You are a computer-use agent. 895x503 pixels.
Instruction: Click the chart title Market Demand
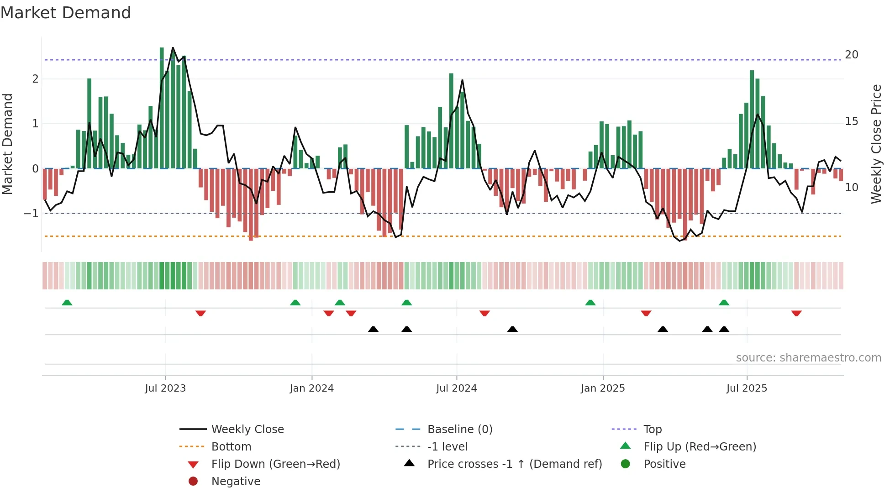(x=66, y=13)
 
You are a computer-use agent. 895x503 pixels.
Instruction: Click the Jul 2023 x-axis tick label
(x=165, y=388)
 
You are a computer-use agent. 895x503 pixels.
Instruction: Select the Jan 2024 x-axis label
(x=311, y=388)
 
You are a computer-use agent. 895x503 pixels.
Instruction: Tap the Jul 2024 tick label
(x=456, y=388)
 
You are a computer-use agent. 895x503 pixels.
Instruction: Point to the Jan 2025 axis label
(x=603, y=388)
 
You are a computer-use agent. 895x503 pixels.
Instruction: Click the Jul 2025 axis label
(x=747, y=388)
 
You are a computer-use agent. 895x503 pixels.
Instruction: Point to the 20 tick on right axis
(x=851, y=55)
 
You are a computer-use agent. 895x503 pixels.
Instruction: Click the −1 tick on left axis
(x=31, y=213)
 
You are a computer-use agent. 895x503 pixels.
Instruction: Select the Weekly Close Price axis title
(x=876, y=144)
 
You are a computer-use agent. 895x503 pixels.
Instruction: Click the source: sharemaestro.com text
(x=808, y=358)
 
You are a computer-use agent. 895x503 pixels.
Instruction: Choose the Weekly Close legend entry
(x=247, y=429)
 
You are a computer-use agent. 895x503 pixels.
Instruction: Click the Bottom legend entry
(x=231, y=446)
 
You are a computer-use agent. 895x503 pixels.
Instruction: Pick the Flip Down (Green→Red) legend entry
(x=275, y=464)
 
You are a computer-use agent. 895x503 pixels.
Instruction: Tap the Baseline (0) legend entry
(x=459, y=429)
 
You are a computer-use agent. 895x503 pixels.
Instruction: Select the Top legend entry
(x=653, y=429)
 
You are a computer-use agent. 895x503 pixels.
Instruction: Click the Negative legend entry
(x=236, y=481)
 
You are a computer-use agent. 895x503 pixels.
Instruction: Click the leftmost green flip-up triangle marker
(x=67, y=303)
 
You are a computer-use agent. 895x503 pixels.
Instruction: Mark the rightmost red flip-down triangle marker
(x=796, y=313)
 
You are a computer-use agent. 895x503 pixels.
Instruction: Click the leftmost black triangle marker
(x=373, y=329)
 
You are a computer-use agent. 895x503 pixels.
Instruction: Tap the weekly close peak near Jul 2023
(x=173, y=48)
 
